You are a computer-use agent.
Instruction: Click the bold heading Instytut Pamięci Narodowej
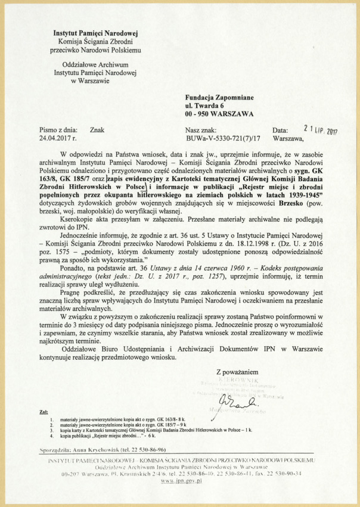[x=95, y=35]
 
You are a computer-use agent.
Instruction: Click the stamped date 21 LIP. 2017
[x=321, y=128]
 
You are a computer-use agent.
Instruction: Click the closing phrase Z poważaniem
[x=240, y=371]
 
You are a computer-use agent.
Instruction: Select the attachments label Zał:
[x=44, y=412]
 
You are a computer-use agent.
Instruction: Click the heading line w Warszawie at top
[x=95, y=80]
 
